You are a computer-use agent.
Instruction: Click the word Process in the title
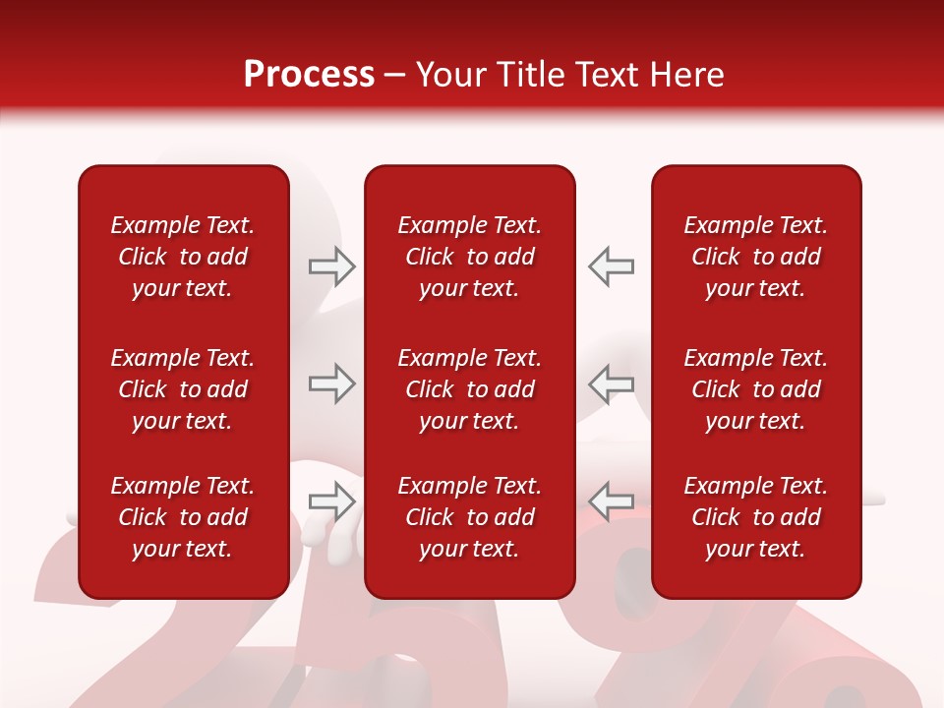309,75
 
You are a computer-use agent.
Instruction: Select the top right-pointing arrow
332,266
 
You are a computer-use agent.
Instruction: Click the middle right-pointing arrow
332,383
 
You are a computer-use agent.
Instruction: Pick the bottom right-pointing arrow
332,501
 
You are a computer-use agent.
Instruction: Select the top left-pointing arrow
611,266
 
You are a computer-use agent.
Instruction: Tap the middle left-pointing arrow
611,383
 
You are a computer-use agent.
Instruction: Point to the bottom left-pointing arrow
611,501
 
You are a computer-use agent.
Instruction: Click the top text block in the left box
183,257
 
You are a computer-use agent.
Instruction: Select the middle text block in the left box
183,389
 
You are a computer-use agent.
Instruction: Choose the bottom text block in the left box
183,517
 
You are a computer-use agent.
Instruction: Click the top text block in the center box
469,257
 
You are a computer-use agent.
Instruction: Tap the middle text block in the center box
469,389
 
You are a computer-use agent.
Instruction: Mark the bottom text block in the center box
469,517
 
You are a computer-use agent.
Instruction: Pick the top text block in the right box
755,257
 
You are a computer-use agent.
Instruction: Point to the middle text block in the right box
755,389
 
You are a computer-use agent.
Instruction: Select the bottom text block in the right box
755,517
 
